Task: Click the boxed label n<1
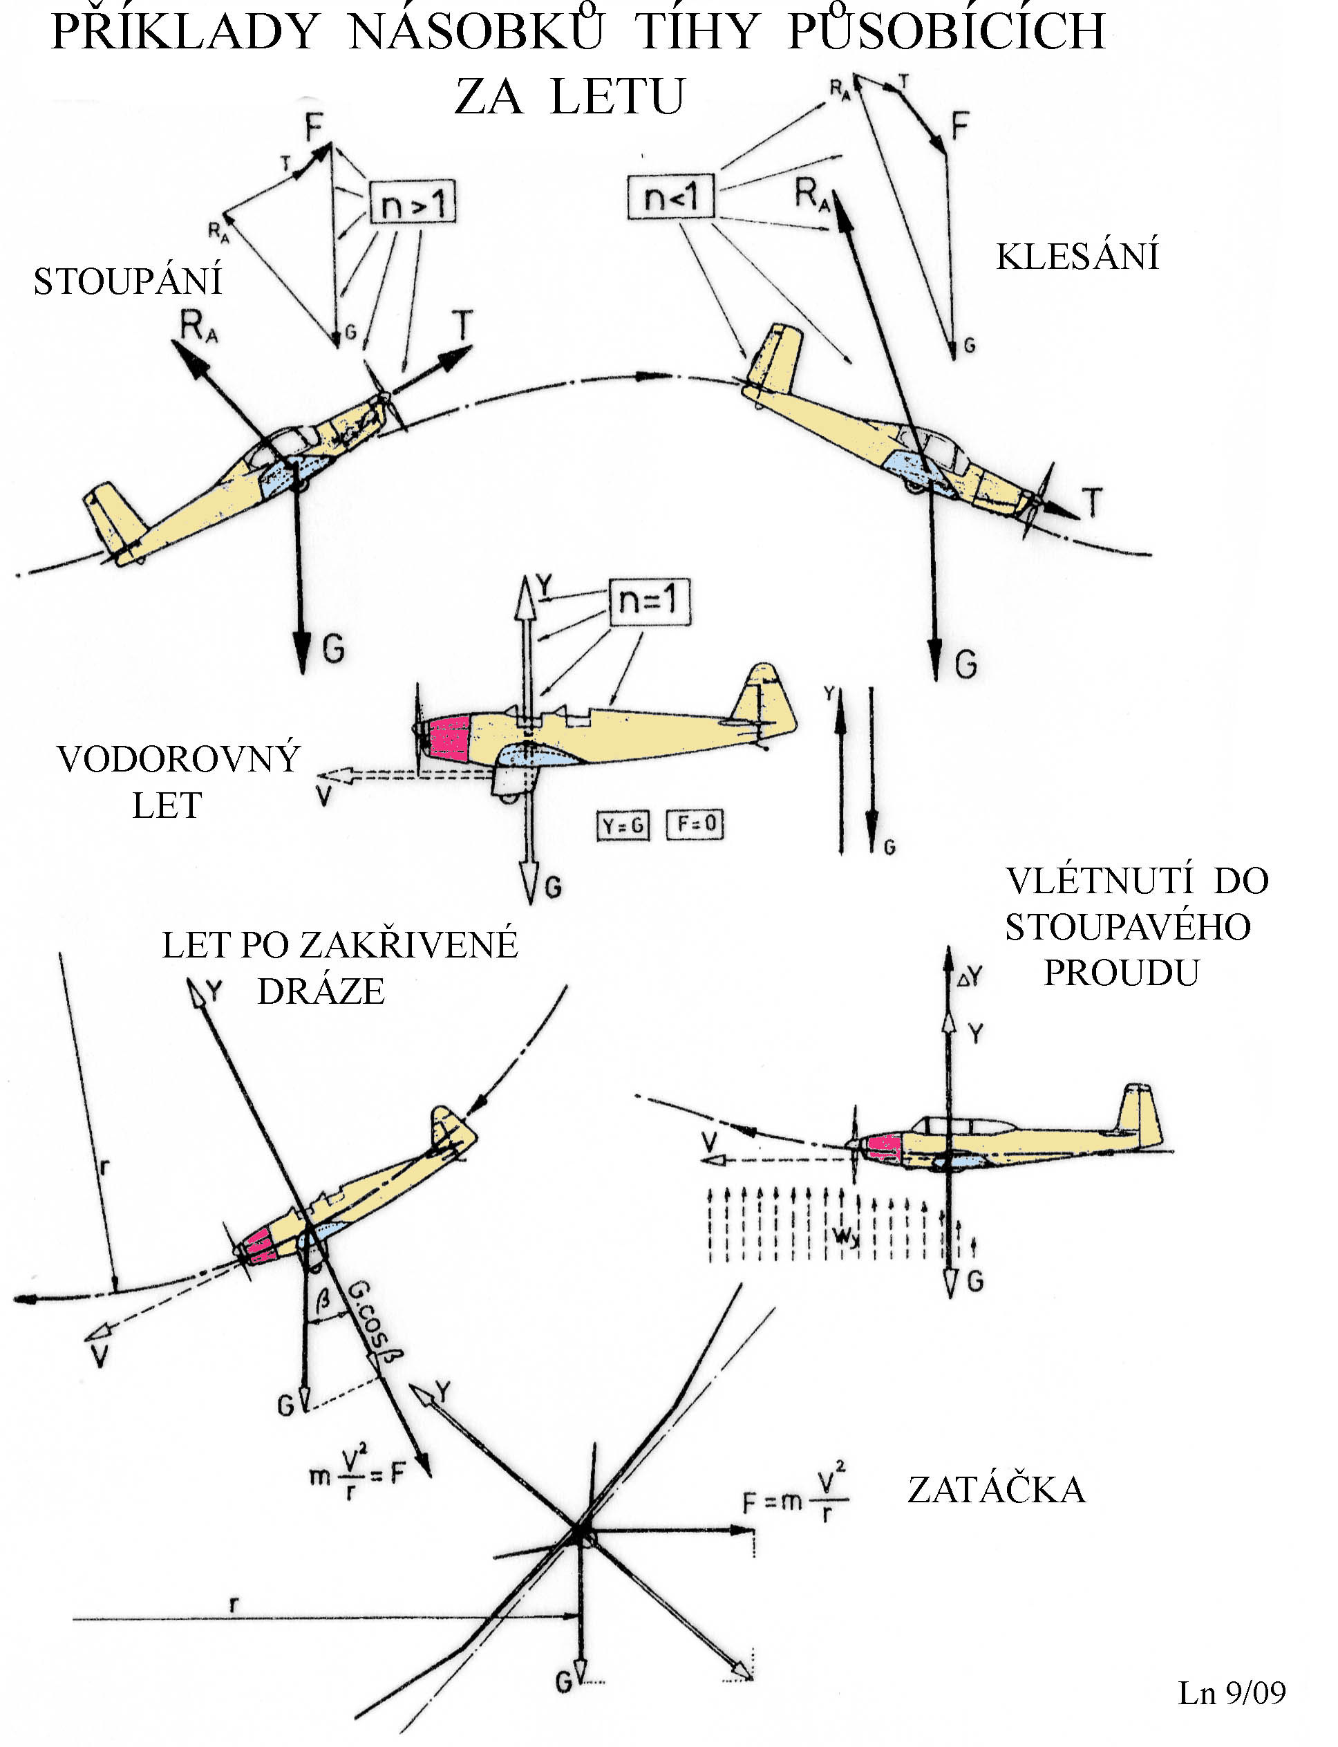pos(670,195)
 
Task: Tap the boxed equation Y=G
pos(623,825)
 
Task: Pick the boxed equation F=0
pos(695,823)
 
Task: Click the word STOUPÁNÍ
pos(127,281)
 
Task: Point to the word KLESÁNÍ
pos(1077,256)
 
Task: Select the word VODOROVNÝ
pos(178,759)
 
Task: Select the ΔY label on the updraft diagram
pos(970,977)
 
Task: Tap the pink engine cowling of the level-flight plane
pos(449,738)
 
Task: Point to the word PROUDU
pos(1122,973)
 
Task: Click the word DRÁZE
pos(321,991)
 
